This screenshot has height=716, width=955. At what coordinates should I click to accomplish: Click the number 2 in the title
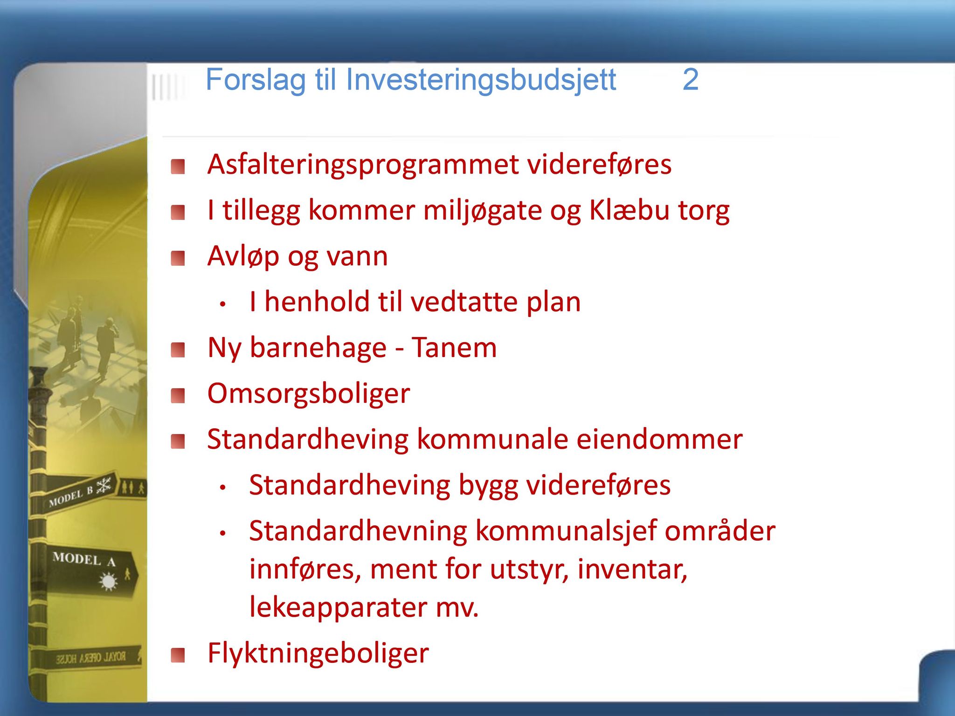(691, 80)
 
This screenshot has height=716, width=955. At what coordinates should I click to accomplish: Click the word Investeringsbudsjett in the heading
(481, 81)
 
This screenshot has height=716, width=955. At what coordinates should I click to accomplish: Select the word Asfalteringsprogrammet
(363, 165)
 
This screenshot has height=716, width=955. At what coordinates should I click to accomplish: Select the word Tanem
(454, 348)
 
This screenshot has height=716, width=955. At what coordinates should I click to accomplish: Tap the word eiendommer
(659, 439)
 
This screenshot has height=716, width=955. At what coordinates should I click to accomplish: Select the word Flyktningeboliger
(318, 654)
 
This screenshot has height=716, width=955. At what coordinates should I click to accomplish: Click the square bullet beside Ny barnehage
(178, 350)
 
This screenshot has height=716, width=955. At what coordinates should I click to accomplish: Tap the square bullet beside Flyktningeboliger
(178, 655)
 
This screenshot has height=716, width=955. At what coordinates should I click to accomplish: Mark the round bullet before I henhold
(223, 304)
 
